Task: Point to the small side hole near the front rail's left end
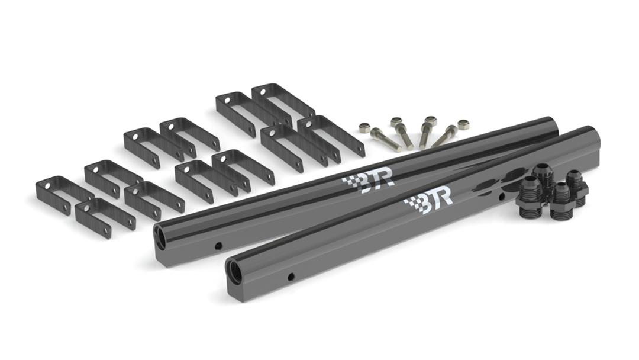[x=291, y=277]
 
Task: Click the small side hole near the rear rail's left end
[x=218, y=246]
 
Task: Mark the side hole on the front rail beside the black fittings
[x=502, y=197]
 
